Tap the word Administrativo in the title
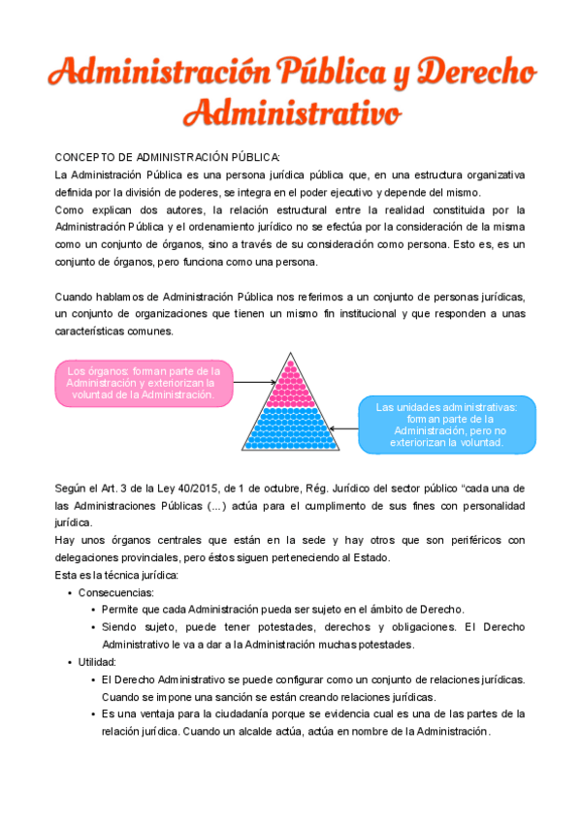tap(291, 113)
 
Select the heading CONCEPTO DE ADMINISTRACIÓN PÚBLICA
tap(167, 158)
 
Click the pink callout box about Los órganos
tap(143, 383)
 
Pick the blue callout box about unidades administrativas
tap(446, 424)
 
